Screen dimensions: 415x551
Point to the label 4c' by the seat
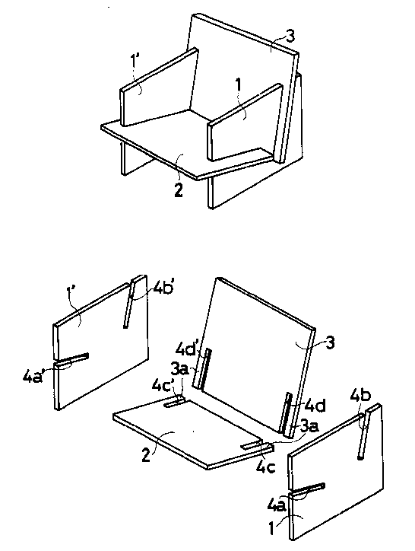click(163, 384)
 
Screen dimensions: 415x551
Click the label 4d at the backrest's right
click(315, 405)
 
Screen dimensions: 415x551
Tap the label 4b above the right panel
click(360, 396)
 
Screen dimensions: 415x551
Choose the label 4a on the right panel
click(277, 505)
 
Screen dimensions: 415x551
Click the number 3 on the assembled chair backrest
click(290, 37)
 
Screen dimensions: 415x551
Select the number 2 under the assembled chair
click(179, 190)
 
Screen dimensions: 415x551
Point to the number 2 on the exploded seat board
click(146, 455)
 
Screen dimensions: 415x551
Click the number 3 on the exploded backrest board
click(330, 342)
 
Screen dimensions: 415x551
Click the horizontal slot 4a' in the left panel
click(71, 358)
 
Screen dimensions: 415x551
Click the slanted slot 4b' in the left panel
click(128, 303)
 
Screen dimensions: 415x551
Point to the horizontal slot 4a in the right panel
click(306, 489)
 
